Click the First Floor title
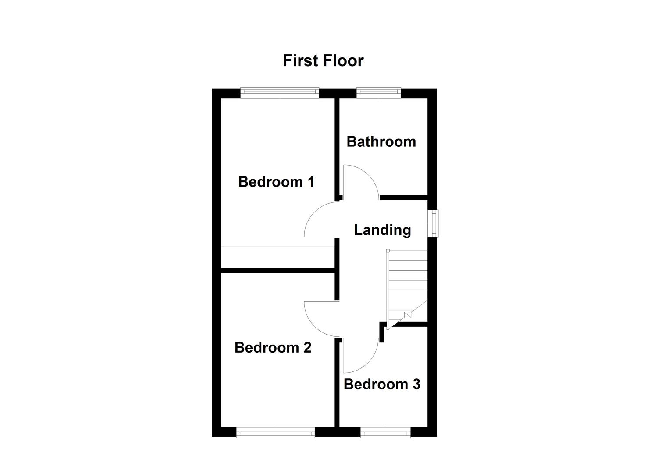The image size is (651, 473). coord(323,60)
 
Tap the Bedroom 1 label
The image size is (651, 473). coord(276,181)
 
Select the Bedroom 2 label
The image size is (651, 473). coord(273,347)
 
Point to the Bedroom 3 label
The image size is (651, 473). coord(382,384)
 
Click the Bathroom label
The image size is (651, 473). coord(381,141)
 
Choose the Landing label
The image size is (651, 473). coord(382,229)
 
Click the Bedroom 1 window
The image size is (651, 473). coord(280,92)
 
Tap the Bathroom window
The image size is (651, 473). coord(379,92)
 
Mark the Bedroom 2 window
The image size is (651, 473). coord(275,433)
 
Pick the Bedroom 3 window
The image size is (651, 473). coord(385,433)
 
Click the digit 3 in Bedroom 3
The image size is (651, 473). coord(416,384)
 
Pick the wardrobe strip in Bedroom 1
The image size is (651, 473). coord(278,257)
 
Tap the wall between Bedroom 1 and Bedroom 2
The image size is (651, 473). coord(278,271)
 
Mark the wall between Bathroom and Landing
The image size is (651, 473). coord(403,198)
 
